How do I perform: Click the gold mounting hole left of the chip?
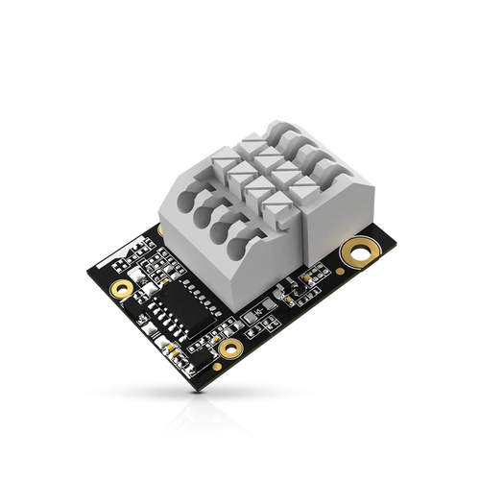click(120, 288)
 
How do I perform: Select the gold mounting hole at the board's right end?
click(362, 252)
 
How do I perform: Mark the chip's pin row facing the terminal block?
click(189, 297)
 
